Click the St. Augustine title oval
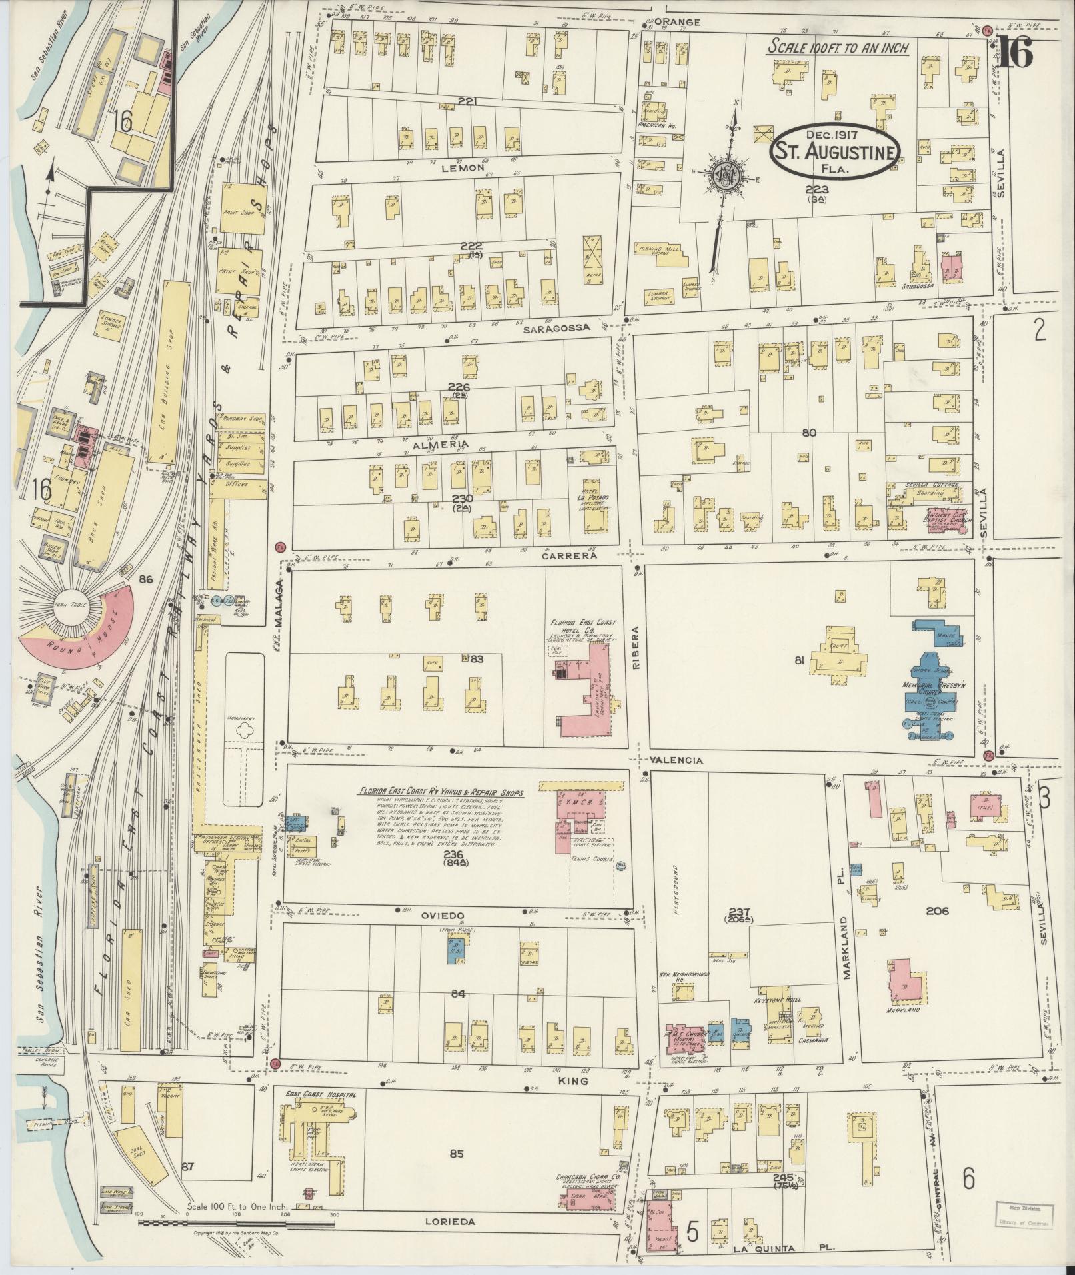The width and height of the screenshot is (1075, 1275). point(836,151)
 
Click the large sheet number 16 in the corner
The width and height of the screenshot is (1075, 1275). point(1015,51)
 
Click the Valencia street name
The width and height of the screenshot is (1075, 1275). point(678,760)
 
